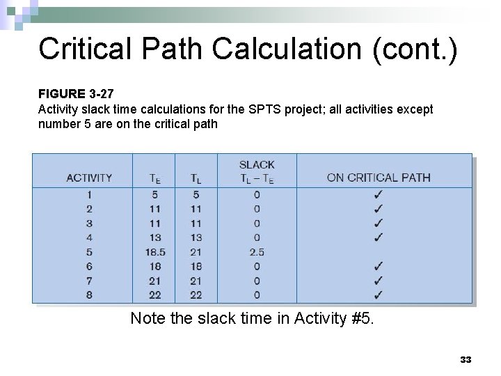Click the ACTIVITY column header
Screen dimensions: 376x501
pos(89,178)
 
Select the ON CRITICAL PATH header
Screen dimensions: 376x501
pos(379,178)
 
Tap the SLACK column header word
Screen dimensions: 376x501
pos(257,165)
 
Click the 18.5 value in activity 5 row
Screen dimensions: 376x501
pos(154,252)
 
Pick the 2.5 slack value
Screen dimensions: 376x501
pos(257,252)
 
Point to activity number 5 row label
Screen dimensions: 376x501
pos(89,252)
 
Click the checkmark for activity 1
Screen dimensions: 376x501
pos(378,194)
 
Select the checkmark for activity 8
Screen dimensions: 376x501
pos(378,295)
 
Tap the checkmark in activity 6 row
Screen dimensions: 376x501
pos(378,266)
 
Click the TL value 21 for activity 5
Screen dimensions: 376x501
pos(196,252)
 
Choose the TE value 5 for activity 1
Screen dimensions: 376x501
pos(154,194)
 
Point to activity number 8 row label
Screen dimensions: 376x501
pos(89,295)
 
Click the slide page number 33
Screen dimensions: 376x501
pos(466,359)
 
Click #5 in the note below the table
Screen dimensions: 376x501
pos(362,318)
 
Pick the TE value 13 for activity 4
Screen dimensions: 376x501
pos(154,237)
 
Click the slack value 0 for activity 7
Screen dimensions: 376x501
pos(257,281)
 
